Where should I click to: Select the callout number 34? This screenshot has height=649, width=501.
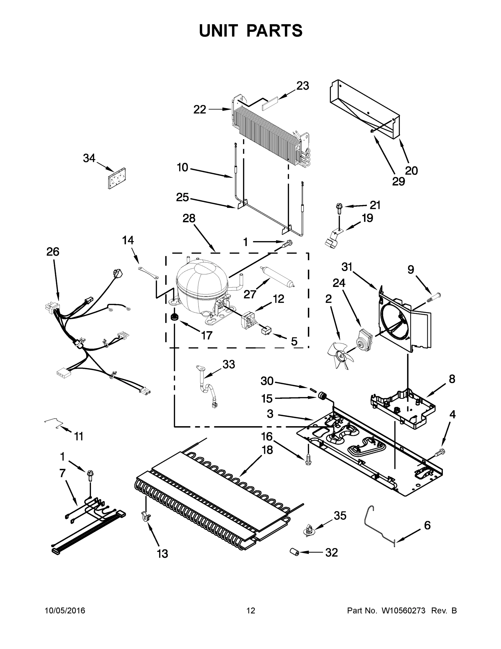click(x=89, y=158)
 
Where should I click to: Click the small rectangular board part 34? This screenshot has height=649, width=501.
click(x=117, y=178)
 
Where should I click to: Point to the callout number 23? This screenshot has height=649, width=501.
click(x=302, y=86)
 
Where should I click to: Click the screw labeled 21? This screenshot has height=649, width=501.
click(x=339, y=207)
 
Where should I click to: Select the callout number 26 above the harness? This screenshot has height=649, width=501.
click(x=53, y=252)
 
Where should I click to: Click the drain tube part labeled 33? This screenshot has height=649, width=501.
click(x=208, y=386)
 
